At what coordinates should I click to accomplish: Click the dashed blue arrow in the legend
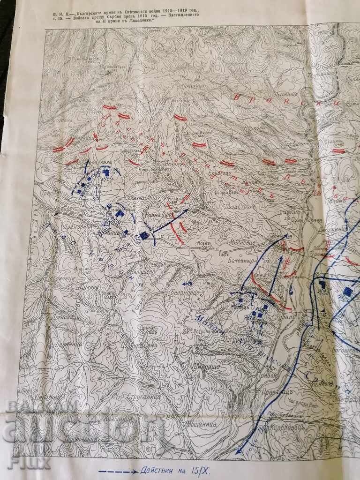point(118,470)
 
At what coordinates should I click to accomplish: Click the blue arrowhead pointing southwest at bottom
point(239,450)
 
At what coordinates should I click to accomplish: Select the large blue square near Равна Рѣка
point(144,235)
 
